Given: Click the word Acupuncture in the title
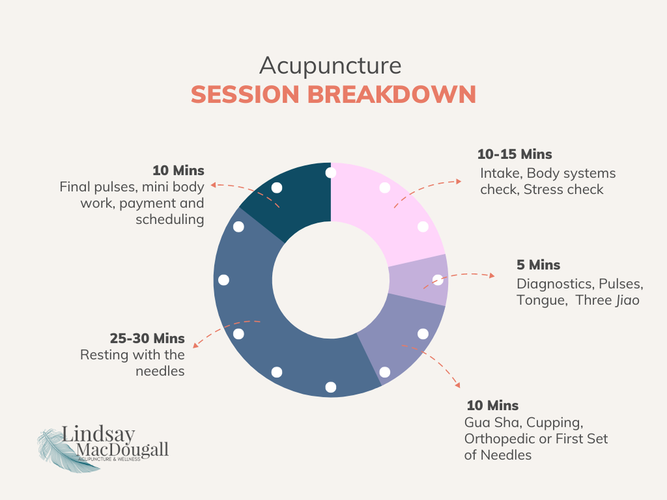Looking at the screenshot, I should click(x=331, y=66).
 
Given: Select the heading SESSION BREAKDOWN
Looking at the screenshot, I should click(x=333, y=94).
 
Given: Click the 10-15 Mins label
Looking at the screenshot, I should click(x=514, y=155).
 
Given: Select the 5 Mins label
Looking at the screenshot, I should click(x=538, y=265).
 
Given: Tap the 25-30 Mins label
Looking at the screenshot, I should click(x=147, y=338).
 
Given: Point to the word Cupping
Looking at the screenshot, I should click(x=560, y=422).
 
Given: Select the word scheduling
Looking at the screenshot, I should click(x=170, y=219).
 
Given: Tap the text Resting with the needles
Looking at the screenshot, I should click(x=132, y=363).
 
